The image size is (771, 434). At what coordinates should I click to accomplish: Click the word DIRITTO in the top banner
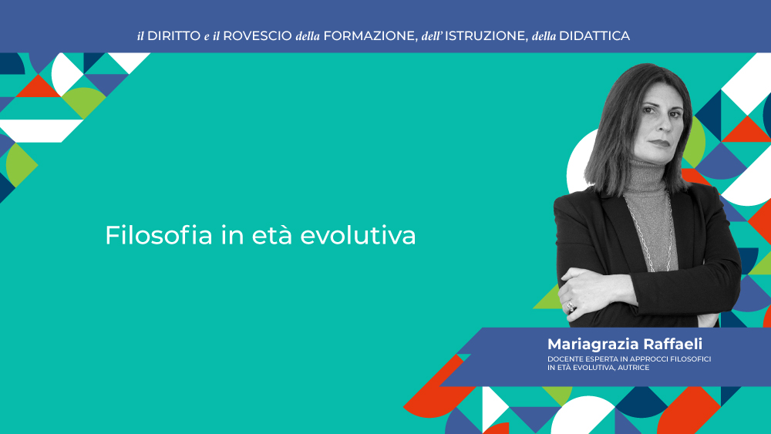174,36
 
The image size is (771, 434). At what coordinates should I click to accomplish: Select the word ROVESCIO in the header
258,36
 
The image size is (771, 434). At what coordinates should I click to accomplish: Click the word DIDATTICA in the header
594,36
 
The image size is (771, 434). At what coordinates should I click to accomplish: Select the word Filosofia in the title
159,235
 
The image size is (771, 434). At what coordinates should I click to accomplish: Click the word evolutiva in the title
358,235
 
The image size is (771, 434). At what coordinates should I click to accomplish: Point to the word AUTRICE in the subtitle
634,368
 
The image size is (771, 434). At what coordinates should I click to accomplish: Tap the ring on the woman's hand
571,306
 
